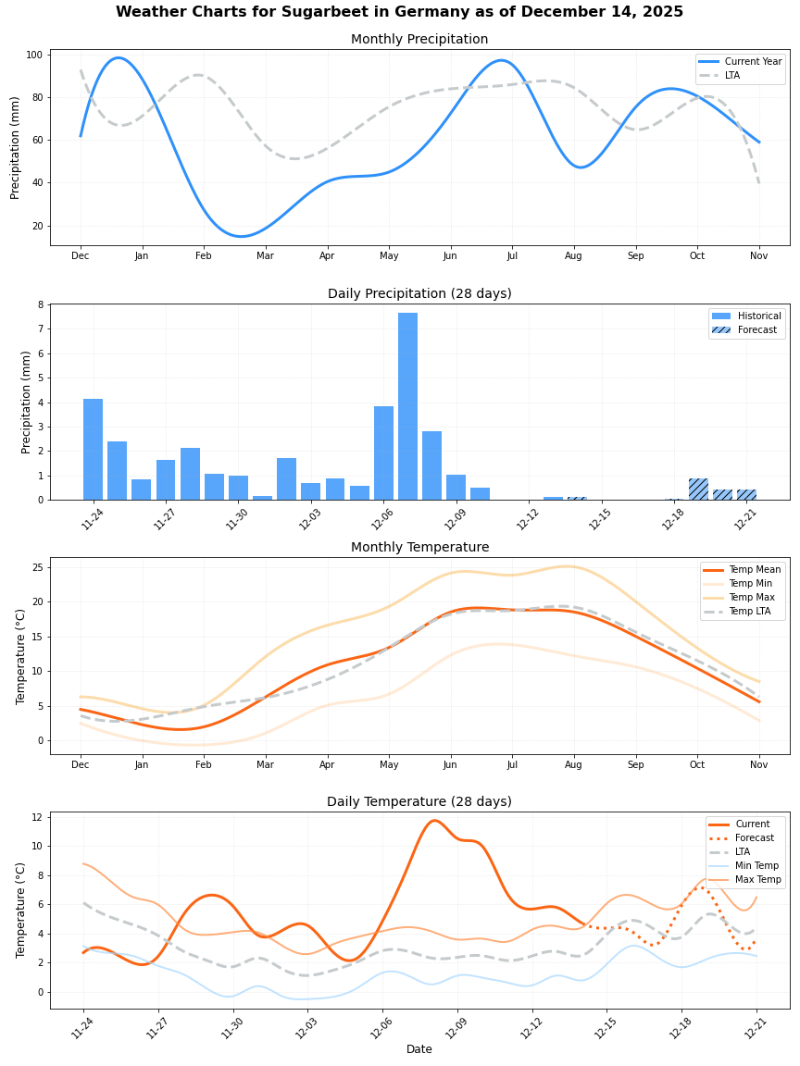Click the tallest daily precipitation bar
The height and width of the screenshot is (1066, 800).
407,407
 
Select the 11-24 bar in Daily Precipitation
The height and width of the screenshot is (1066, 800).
93,450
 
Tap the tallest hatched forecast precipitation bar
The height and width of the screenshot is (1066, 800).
698,490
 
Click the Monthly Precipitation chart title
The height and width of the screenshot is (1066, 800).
419,40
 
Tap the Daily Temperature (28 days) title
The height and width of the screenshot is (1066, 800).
419,802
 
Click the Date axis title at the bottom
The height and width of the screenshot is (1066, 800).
419,1049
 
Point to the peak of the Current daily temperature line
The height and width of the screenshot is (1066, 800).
433,820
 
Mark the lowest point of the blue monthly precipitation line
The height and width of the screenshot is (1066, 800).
241,236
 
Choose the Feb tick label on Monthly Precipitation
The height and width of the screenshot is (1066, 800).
204,255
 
